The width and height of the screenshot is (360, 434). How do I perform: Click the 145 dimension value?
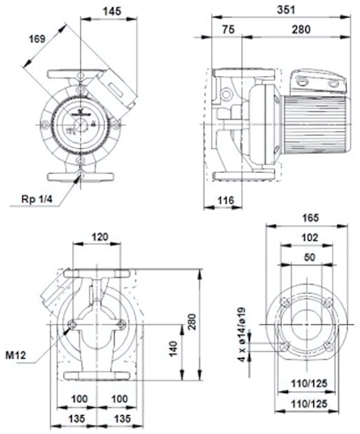tap(112, 11)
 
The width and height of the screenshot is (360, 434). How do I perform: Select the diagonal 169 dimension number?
tap(38, 38)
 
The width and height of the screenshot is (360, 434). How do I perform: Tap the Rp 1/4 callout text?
tap(37, 199)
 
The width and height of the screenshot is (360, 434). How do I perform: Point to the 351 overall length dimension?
tap(286, 10)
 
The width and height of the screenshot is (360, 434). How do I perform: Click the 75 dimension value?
tap(228, 29)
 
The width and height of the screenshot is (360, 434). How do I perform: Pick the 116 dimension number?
tap(226, 200)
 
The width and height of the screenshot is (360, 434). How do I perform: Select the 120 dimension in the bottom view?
tap(100, 237)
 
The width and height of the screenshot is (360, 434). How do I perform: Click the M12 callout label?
tap(16, 355)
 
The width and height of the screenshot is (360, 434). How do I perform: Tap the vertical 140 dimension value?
tap(173, 349)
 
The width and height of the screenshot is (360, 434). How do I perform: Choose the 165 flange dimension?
tap(311, 218)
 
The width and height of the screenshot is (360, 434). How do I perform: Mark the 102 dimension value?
tap(310, 237)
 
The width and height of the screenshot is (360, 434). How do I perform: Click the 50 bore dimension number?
tap(309, 257)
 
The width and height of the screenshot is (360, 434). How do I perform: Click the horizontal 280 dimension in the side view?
tap(301, 29)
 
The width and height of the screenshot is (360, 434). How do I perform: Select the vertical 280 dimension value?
tap(192, 321)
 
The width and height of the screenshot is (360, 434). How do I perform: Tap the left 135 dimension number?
tap(77, 418)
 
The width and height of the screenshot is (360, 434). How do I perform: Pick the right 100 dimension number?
tap(119, 399)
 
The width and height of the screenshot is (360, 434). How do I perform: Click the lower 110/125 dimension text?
tap(309, 404)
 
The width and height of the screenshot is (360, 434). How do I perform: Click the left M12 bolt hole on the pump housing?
tap(73, 324)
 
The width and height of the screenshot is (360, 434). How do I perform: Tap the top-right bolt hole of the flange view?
tap(328, 302)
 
